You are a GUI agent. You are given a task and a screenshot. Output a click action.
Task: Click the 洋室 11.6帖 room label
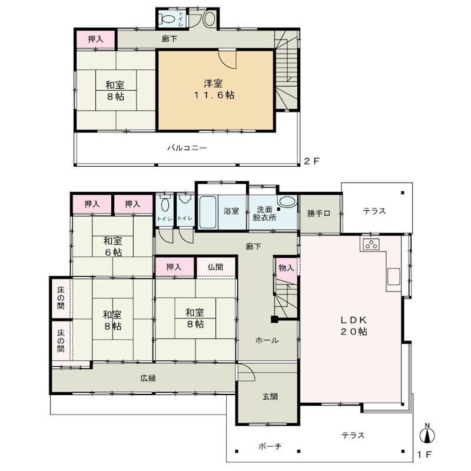tap(214, 89)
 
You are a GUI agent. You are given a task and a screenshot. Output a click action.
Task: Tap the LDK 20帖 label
tap(354, 326)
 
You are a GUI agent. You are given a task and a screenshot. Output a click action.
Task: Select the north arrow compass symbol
tap(427, 433)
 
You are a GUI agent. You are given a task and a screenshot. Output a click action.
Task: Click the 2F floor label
tap(311, 161)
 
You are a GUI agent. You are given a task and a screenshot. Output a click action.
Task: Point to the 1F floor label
tap(424, 455)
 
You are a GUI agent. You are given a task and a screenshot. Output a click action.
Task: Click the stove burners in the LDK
tap(372, 244)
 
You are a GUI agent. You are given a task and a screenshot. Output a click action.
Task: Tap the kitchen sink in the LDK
tap(393, 276)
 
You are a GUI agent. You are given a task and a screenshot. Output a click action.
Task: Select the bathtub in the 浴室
tap(208, 212)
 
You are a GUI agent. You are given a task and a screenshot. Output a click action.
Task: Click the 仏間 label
tap(215, 267)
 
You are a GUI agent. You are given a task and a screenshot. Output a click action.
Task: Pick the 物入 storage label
tap(286, 268)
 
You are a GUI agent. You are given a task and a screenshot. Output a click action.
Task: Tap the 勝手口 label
tap(319, 214)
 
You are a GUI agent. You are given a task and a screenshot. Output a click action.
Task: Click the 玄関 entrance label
tap(270, 397)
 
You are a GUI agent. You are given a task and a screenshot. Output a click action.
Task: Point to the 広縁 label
tap(148, 378)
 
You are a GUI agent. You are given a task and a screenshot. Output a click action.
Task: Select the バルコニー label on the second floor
tap(187, 148)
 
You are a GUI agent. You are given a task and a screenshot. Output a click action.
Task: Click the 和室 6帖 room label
tap(113, 247)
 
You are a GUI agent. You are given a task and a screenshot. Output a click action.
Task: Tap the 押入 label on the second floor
tap(95, 39)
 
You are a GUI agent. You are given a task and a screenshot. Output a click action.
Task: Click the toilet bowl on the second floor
tap(168, 19)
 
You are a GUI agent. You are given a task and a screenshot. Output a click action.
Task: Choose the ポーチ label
tap(270, 446)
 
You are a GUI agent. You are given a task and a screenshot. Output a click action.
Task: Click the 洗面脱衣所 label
tap(264, 214)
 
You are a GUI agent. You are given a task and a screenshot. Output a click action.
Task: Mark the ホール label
tap(267, 340)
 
